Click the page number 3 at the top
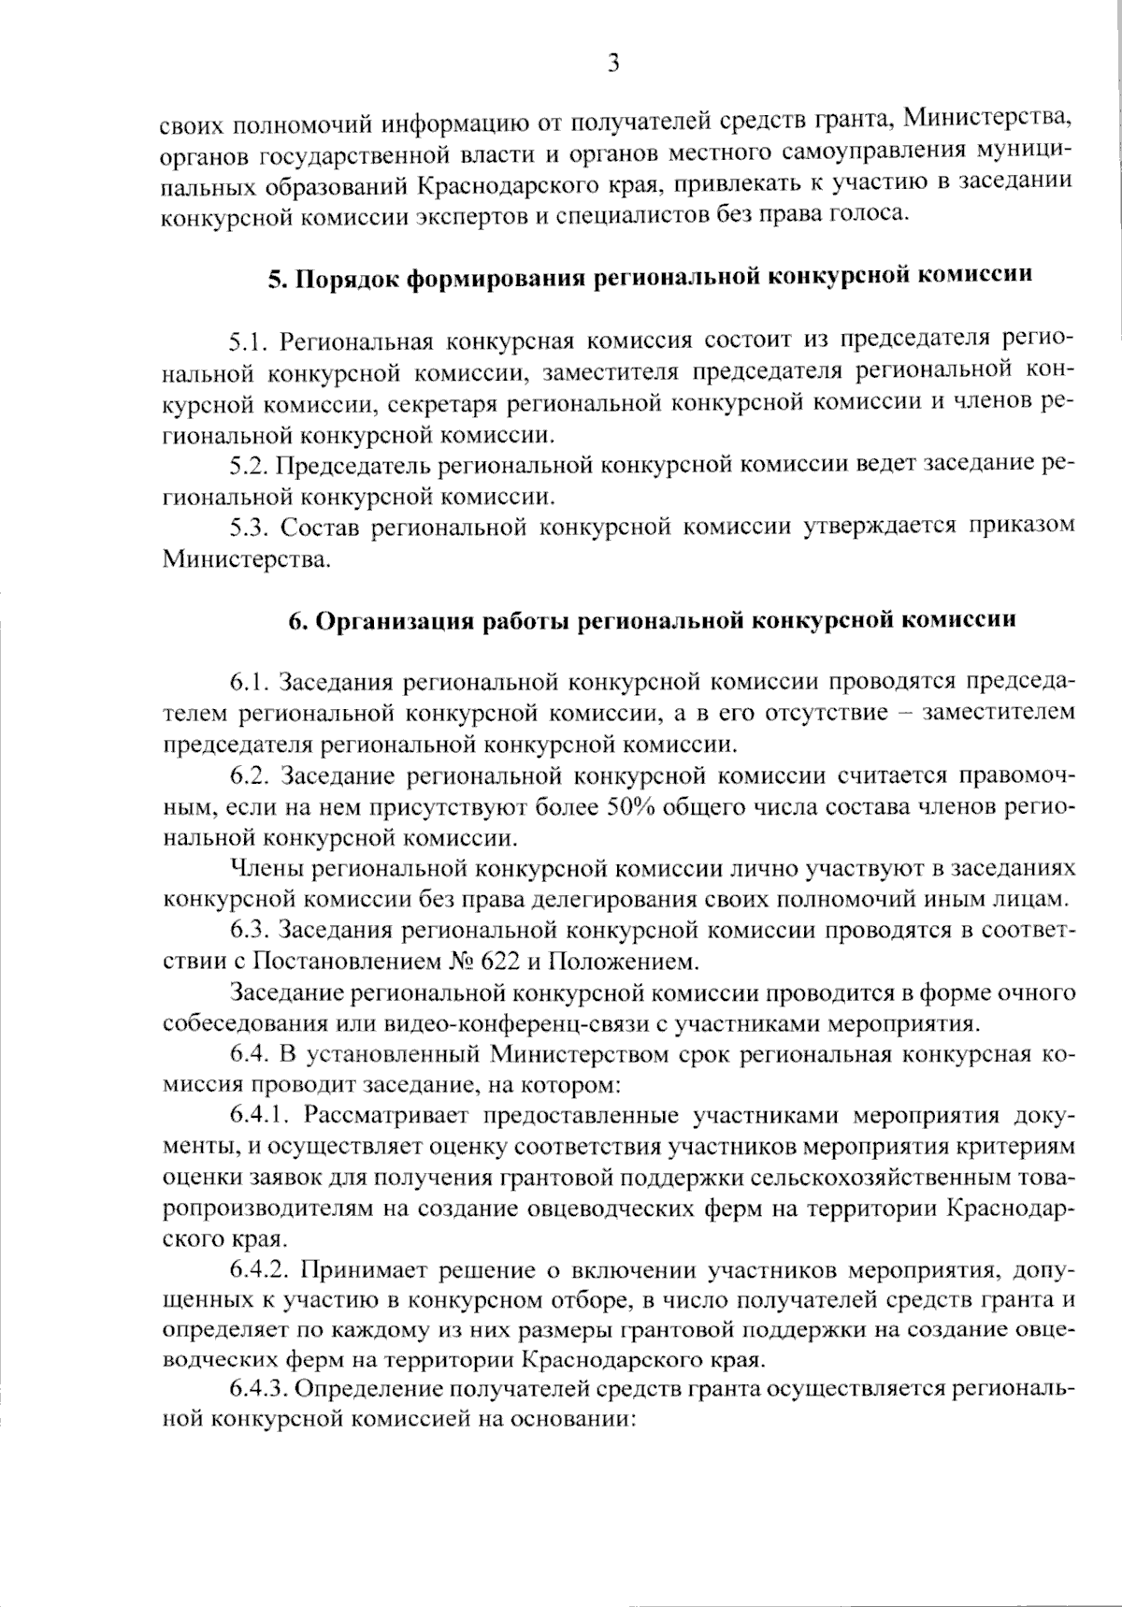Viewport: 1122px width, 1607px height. (x=613, y=63)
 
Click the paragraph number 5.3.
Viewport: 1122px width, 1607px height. (x=249, y=527)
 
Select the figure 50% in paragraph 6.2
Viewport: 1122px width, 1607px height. (x=633, y=808)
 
